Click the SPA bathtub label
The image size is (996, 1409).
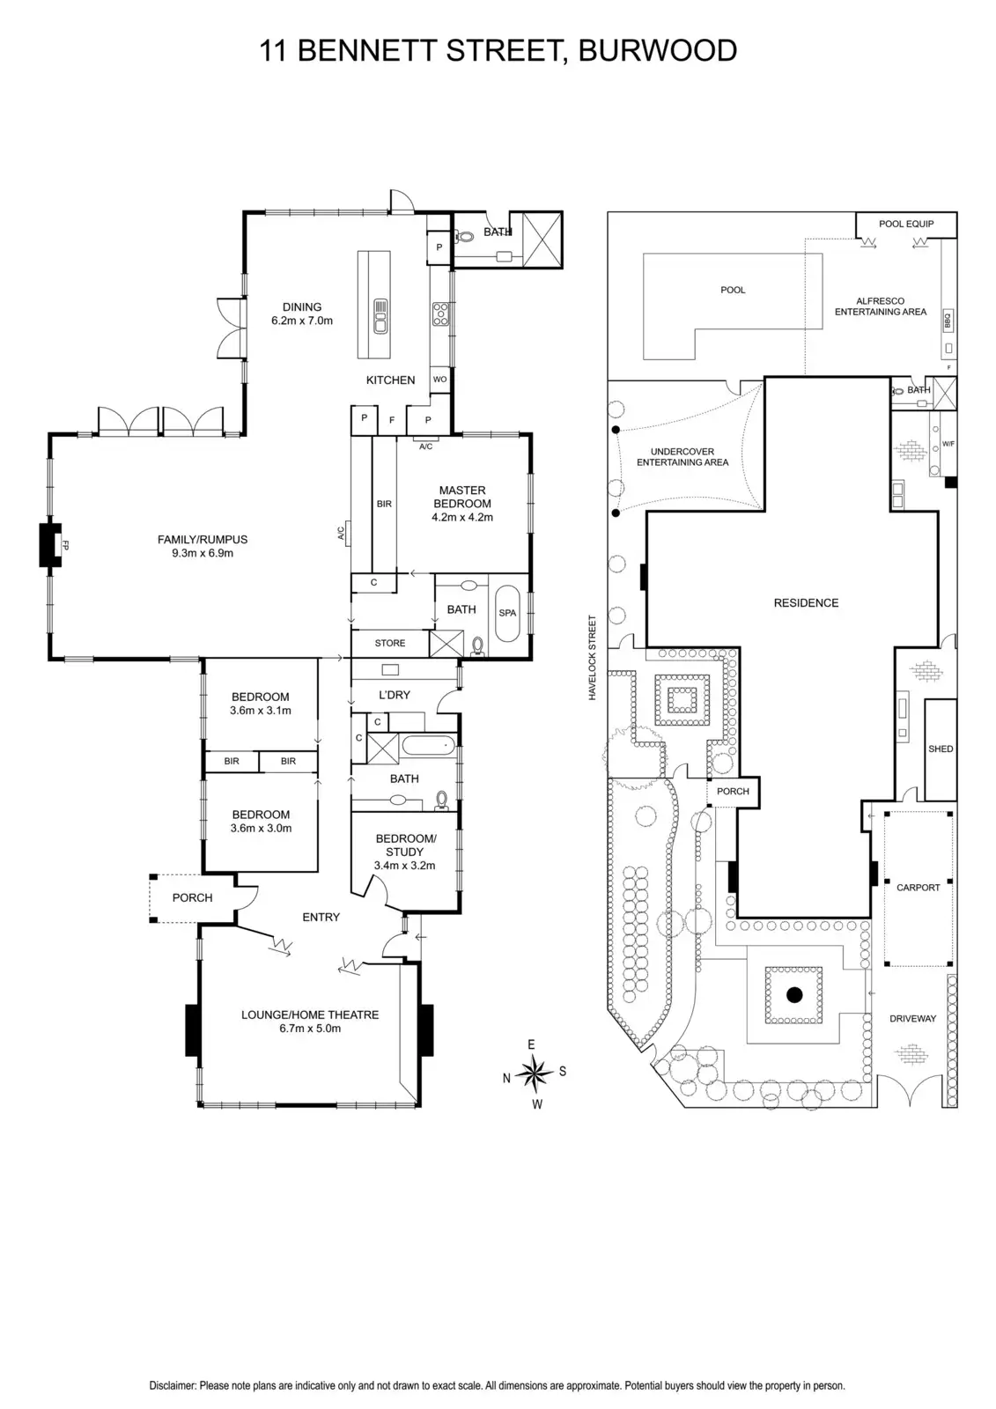pos(507,613)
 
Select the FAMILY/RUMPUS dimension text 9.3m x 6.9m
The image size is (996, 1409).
pos(202,554)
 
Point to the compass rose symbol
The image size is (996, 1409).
pos(533,1072)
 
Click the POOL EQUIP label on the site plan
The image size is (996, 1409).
pos(906,224)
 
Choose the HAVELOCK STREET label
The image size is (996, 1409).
pos(594,657)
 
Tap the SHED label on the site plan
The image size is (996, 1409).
pos(941,749)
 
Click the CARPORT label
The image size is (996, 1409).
pos(918,888)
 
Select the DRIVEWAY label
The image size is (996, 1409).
pos(912,1019)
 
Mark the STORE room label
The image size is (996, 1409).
pos(390,643)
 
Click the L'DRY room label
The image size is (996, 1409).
pos(394,695)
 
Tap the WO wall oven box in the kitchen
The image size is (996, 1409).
pos(439,380)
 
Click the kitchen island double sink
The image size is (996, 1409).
pos(380,316)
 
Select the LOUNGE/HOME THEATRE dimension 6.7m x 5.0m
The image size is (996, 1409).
pos(304,1029)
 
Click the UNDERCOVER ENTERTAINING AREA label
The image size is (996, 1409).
pos(682,456)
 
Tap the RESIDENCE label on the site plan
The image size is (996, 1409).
pos(806,603)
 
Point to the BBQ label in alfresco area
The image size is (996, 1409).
pos(948,319)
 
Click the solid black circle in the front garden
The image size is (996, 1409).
pos(794,996)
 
